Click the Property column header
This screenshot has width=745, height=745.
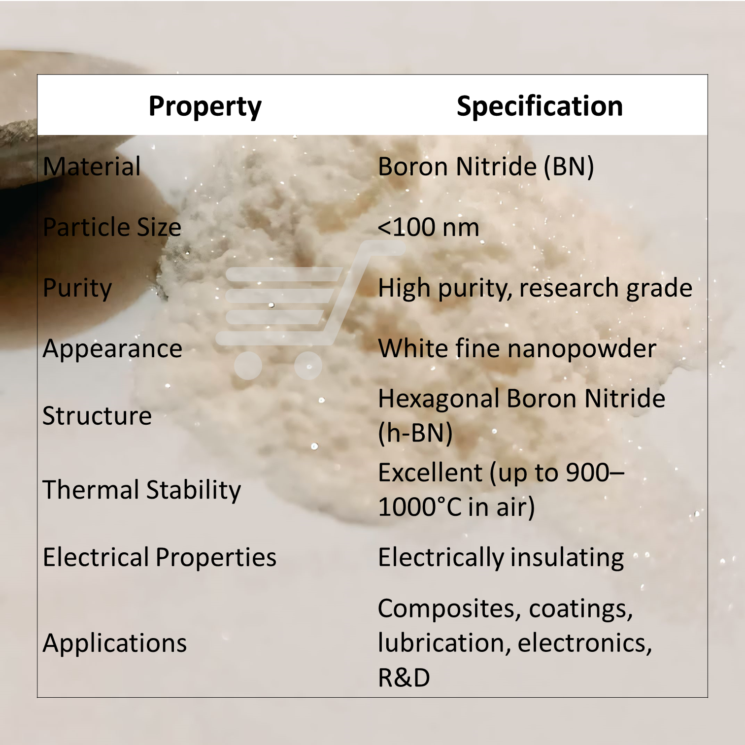[x=205, y=106]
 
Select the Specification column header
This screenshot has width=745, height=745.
[x=540, y=106]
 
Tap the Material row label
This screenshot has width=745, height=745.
[x=92, y=167]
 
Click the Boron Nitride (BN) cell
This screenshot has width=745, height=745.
[x=486, y=167]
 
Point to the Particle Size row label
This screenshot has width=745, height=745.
[x=112, y=227]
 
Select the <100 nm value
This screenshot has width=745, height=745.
[x=428, y=227]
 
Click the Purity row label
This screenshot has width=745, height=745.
[x=77, y=288]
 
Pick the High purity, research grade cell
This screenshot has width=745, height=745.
[x=535, y=288]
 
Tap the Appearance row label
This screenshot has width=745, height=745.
[x=112, y=349]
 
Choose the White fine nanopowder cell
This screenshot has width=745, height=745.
[x=517, y=349]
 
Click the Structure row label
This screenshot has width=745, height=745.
[x=97, y=416]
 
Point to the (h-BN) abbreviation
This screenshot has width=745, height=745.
[x=415, y=433]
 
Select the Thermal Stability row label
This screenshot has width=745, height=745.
[x=142, y=490]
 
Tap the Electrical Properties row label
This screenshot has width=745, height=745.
[x=160, y=557]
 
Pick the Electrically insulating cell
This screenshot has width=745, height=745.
[x=501, y=557]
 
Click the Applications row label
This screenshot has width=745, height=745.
[x=115, y=643]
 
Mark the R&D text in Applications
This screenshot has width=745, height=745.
[x=404, y=677]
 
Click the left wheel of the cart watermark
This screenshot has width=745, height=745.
[x=248, y=366]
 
